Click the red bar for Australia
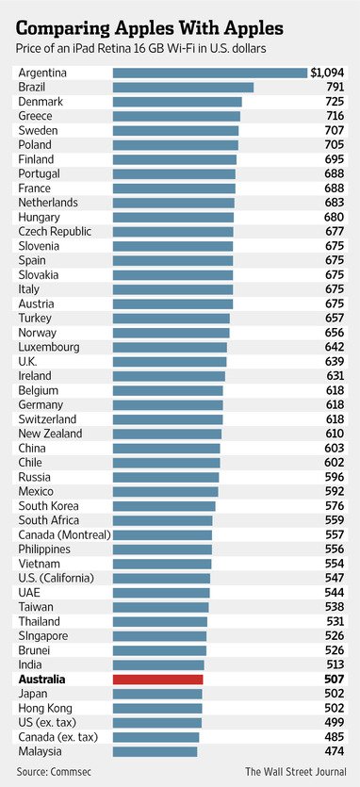tap(157, 679)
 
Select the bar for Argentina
tap(209, 73)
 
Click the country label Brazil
tap(33, 87)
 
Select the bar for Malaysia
tap(155, 751)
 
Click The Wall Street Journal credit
tap(295, 771)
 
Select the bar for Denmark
tap(177, 102)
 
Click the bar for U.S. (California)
tap(161, 578)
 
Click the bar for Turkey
tap(172, 319)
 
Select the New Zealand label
tap(50, 434)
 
